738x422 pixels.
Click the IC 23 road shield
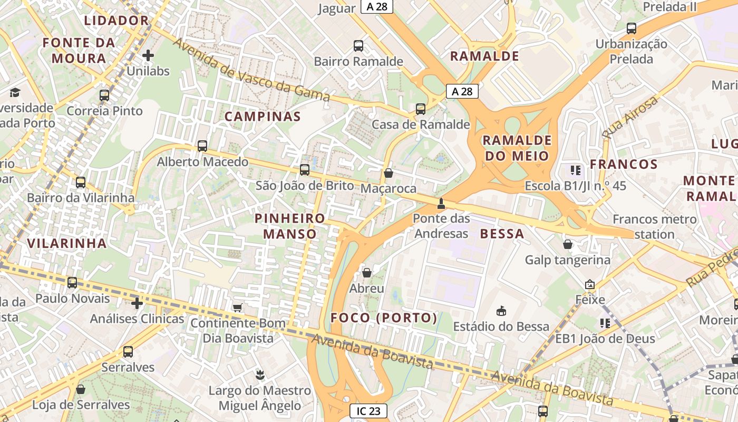(368, 411)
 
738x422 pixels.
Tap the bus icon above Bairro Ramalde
(358, 46)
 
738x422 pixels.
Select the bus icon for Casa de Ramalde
(420, 109)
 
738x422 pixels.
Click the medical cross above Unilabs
(148, 55)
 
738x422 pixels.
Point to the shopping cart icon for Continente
(238, 307)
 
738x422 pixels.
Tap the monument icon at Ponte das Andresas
(441, 203)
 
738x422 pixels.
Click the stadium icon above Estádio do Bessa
(501, 311)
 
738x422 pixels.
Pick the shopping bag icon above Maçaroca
(389, 173)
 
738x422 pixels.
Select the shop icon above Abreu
(366, 273)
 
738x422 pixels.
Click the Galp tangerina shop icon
(568, 244)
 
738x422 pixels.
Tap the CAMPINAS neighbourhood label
(263, 117)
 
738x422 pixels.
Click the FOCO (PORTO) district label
(384, 318)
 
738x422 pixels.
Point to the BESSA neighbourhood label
(502, 234)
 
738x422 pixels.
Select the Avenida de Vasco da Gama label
(251, 70)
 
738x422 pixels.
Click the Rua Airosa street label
(630, 117)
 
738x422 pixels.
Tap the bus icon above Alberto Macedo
(202, 146)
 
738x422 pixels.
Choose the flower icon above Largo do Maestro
(259, 375)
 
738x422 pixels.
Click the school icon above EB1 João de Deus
(605, 322)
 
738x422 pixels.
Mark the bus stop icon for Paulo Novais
(72, 283)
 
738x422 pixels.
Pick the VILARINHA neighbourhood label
(67, 243)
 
